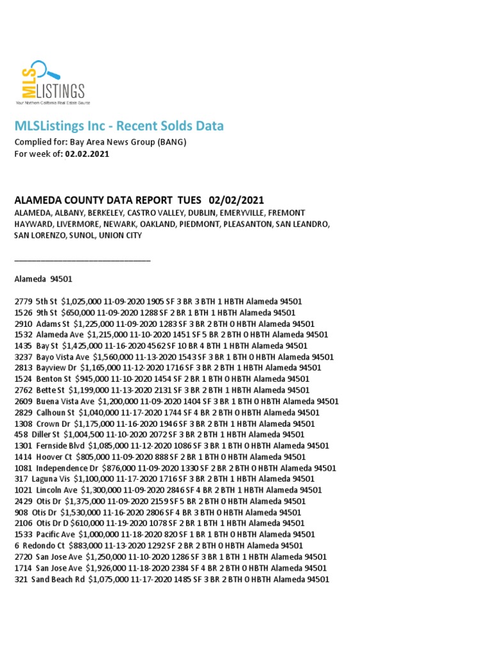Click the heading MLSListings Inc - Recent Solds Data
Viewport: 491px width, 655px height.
click(x=119, y=126)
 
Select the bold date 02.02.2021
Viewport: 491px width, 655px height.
click(x=87, y=154)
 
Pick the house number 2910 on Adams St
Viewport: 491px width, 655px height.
click(x=22, y=324)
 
